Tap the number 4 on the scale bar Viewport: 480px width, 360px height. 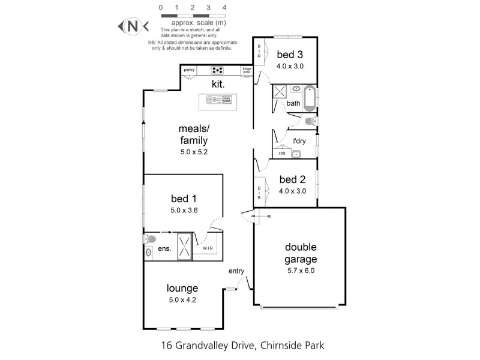[224, 7]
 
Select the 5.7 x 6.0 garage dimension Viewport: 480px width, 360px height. [300, 271]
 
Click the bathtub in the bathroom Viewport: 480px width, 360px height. [310, 98]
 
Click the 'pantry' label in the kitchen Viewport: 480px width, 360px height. [190, 70]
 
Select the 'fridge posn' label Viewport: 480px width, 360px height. [247, 70]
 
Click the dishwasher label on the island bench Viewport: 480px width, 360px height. [227, 100]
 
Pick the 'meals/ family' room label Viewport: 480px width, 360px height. [193, 134]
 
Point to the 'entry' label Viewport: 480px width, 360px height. [236, 271]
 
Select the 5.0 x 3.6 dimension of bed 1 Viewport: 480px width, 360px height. [184, 210]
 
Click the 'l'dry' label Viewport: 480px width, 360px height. [299, 142]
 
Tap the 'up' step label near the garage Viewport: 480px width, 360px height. [268, 215]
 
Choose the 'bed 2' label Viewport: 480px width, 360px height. [293, 179]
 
